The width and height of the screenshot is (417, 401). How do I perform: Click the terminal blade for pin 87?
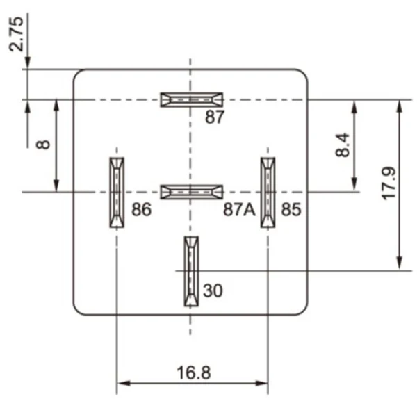click(x=191, y=99)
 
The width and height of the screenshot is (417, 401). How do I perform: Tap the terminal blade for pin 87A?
click(x=191, y=191)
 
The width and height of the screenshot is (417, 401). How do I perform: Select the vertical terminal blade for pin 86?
click(x=116, y=192)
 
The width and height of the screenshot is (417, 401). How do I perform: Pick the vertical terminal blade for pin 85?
click(x=268, y=192)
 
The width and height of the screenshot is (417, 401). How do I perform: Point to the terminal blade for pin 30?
click(x=191, y=271)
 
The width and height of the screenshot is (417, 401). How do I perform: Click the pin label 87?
click(x=215, y=117)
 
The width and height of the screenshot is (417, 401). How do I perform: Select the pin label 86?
click(x=141, y=209)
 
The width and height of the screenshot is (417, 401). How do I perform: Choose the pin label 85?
click(x=291, y=209)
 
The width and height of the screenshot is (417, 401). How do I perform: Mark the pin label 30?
click(x=213, y=290)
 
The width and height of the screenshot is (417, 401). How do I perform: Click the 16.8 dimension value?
click(x=193, y=372)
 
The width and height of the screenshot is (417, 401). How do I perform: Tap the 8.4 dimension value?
click(x=342, y=145)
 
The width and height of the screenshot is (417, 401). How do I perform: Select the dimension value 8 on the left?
click(x=44, y=145)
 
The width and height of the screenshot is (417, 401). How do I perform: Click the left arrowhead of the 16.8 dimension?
click(x=121, y=383)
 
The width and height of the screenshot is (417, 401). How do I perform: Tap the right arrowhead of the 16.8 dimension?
click(x=263, y=383)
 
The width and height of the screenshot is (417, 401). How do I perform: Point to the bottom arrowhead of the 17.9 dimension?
click(x=400, y=265)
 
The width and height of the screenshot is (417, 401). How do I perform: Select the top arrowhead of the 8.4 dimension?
click(x=355, y=104)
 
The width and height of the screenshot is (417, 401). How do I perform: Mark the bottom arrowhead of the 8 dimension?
click(x=56, y=186)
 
